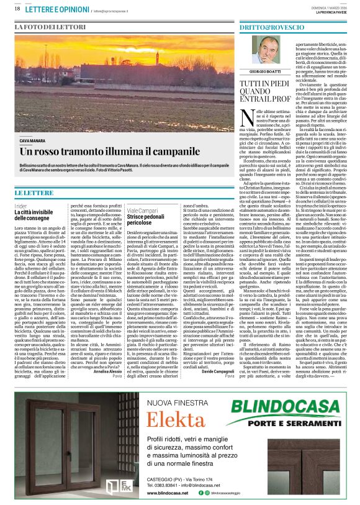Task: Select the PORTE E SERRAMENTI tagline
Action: (292, 423)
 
